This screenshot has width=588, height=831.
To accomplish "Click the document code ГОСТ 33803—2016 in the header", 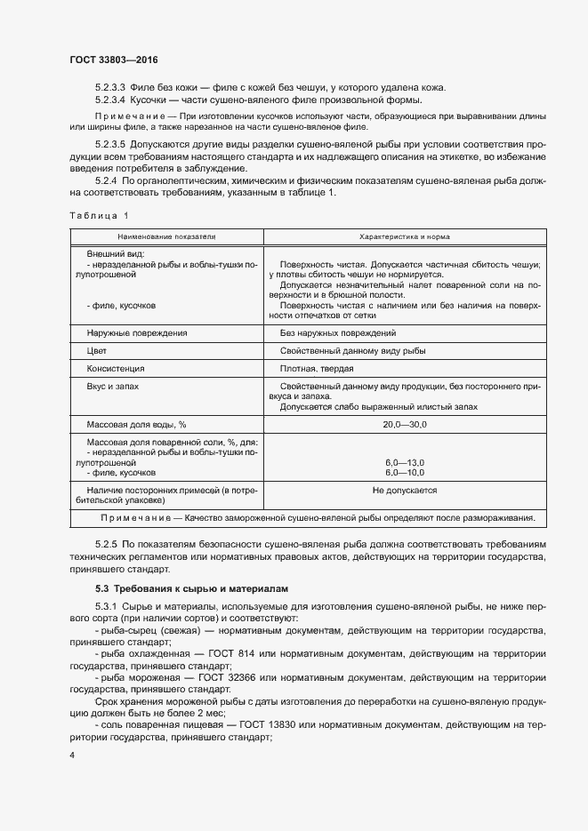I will (x=113, y=60).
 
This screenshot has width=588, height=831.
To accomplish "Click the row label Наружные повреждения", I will (x=136, y=332).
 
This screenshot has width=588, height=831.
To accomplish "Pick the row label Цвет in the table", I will (x=97, y=351).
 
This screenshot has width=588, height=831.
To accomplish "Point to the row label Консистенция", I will (x=115, y=369).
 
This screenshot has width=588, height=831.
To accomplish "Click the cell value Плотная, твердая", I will (x=317, y=369).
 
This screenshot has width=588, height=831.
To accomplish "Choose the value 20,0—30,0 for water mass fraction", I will (x=405, y=425).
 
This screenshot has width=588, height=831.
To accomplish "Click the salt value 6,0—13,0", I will (x=405, y=463).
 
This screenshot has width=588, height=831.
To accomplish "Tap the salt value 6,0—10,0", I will (x=405, y=473).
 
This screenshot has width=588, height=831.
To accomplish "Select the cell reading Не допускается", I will (x=405, y=491).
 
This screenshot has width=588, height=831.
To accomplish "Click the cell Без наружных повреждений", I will (x=337, y=332).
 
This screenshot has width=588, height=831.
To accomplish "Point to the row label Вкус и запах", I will (x=113, y=387).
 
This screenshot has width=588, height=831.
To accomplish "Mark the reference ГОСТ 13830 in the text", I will (x=258, y=724).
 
